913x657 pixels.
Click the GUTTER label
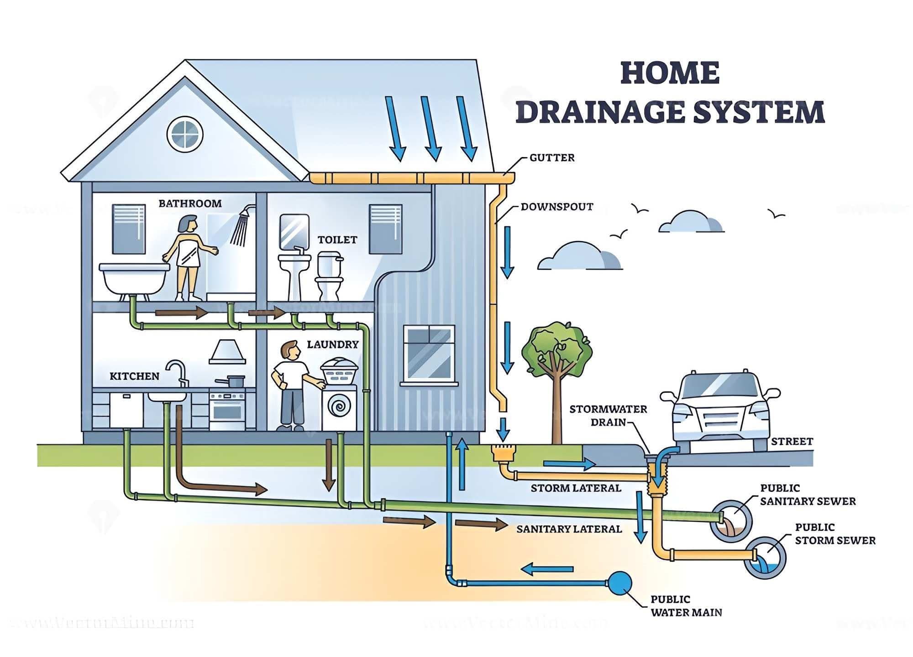pyautogui.click(x=551, y=158)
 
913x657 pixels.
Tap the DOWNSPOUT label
pyautogui.click(x=556, y=207)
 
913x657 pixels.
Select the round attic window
pyautogui.click(x=184, y=134)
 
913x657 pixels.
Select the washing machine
pyautogui.click(x=339, y=407)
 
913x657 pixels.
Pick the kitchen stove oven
pyautogui.click(x=227, y=409)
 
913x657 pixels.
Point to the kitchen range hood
pyautogui.click(x=227, y=353)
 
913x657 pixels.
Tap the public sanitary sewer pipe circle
pyautogui.click(x=731, y=521)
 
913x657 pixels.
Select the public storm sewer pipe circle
pyautogui.click(x=765, y=558)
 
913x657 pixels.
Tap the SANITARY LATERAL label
pyautogui.click(x=569, y=529)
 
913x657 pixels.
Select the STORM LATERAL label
pyautogui.click(x=576, y=488)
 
